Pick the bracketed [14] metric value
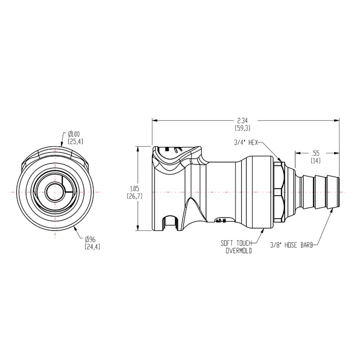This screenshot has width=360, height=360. coord(315,161)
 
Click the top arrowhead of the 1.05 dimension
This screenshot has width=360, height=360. coord(138,146)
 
